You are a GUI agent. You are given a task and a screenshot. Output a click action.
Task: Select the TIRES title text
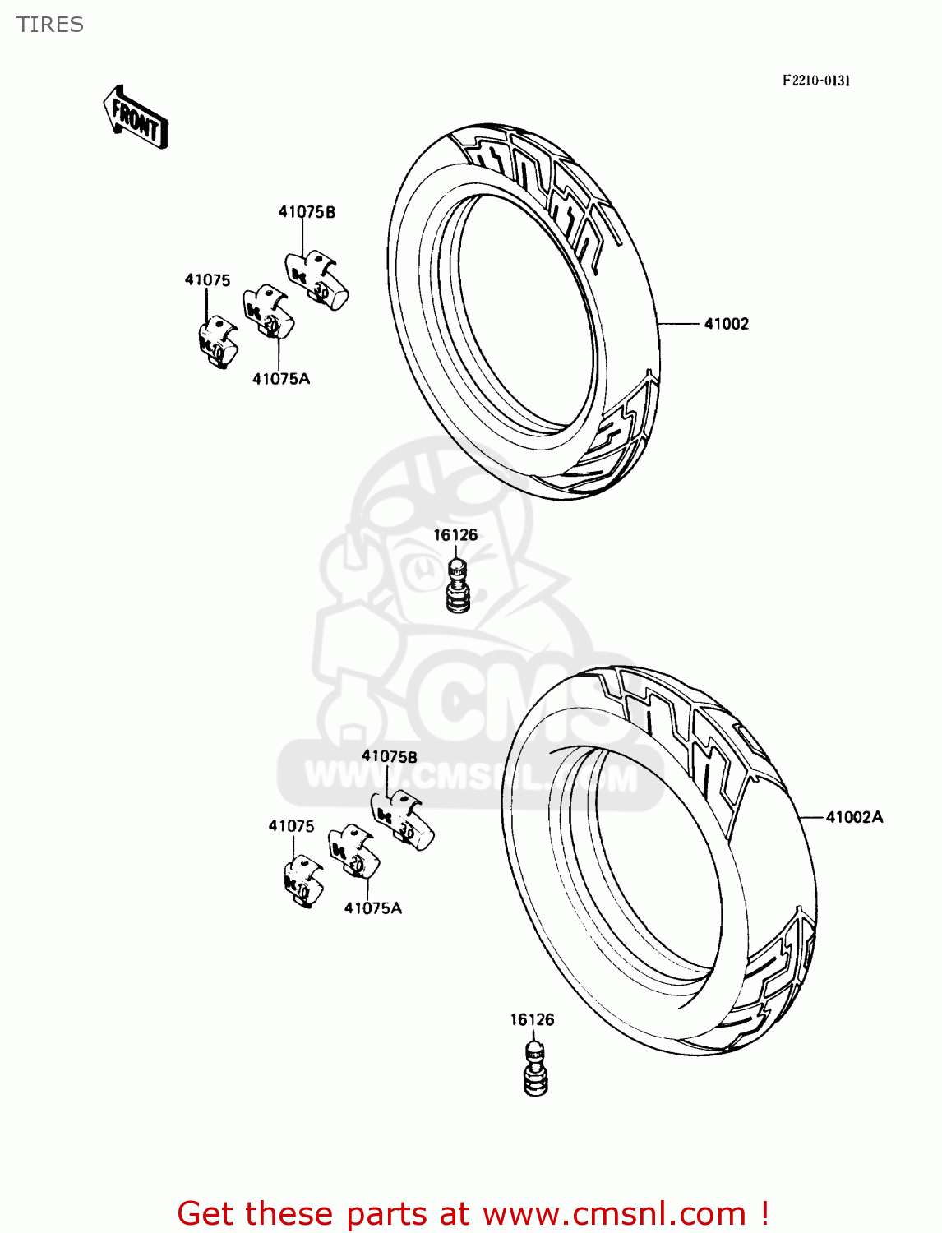click(50, 25)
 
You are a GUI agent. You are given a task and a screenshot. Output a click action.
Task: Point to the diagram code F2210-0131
click(815, 81)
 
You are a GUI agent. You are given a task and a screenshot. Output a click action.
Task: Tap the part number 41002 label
click(726, 324)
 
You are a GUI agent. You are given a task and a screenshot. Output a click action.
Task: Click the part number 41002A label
click(854, 817)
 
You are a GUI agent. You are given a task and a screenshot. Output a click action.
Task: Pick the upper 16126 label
click(455, 535)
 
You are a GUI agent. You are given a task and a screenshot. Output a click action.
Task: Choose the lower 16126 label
click(532, 1020)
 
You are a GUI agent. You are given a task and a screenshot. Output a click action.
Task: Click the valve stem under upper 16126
click(457, 585)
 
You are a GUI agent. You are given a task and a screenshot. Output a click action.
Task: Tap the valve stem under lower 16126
click(534, 1069)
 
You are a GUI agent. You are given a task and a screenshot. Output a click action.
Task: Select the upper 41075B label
click(307, 212)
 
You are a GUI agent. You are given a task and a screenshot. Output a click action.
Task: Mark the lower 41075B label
click(389, 756)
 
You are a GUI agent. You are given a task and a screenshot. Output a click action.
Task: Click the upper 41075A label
click(280, 379)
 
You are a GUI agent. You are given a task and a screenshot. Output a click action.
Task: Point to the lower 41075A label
click(372, 908)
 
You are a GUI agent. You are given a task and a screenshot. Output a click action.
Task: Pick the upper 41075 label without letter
click(207, 280)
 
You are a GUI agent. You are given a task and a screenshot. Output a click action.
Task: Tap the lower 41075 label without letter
click(291, 826)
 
